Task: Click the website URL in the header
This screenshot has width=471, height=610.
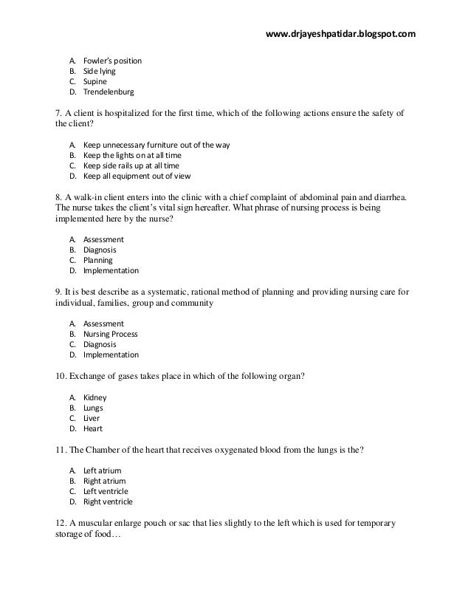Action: pyautogui.click(x=340, y=34)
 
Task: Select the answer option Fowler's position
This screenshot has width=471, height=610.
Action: pyautogui.click(x=112, y=61)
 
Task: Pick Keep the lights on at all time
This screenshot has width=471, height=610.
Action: pyautogui.click(x=132, y=157)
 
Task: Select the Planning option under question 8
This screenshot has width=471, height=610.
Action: pyautogui.click(x=98, y=261)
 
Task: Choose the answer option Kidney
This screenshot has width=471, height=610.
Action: pyautogui.click(x=95, y=397)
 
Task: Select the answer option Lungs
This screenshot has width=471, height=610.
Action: pyautogui.click(x=94, y=408)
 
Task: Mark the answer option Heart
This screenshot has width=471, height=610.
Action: pyautogui.click(x=94, y=428)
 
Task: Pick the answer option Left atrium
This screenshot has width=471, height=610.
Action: pyautogui.click(x=103, y=470)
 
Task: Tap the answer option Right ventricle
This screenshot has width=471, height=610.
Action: pyautogui.click(x=109, y=502)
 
